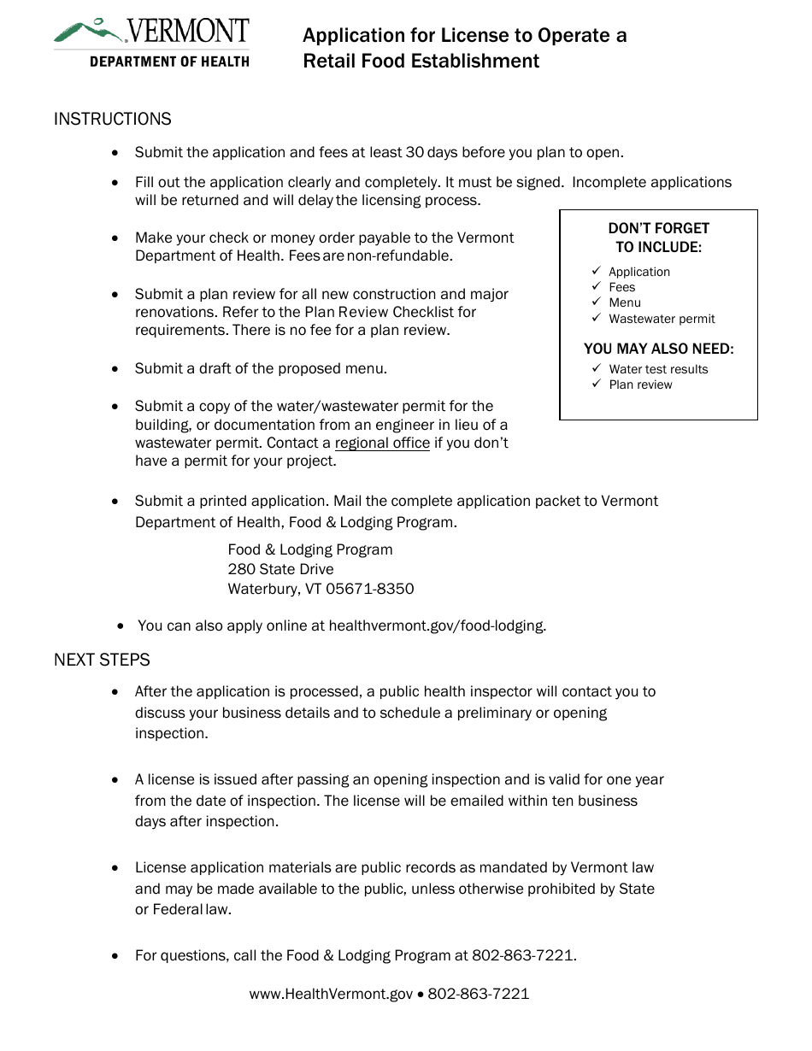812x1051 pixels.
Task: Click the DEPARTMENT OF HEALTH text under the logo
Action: pos(169,62)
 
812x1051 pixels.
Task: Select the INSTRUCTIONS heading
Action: pos(113,119)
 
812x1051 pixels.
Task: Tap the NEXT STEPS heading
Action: pos(102,660)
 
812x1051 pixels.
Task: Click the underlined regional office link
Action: pos(382,443)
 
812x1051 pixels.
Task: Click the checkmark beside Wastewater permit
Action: pos(597,318)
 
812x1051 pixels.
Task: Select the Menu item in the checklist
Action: pos(625,302)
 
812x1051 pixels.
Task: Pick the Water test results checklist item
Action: pos(658,369)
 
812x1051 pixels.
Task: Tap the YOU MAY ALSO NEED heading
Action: pos(658,349)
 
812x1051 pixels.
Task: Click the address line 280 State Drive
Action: pos(280,569)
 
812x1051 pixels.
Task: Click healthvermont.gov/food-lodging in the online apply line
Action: pos(437,625)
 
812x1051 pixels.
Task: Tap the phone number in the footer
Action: pos(479,994)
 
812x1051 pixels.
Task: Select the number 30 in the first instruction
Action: pos(415,152)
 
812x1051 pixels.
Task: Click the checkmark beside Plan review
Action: pos(597,385)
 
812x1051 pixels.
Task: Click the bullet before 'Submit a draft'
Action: pos(116,369)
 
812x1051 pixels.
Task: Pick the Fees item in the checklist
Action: pos(622,287)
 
